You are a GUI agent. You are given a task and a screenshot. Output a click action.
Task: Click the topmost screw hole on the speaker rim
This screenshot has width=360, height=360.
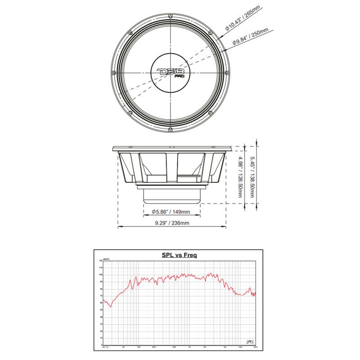point(171,16)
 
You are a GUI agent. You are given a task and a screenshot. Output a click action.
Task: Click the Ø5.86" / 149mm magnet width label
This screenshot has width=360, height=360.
point(171,211)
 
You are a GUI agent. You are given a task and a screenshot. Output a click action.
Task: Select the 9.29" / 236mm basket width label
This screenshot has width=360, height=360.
point(171,223)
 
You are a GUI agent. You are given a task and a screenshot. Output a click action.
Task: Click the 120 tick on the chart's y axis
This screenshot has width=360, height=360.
point(100,261)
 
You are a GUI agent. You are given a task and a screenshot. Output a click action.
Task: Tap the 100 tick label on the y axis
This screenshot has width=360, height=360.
point(100,274)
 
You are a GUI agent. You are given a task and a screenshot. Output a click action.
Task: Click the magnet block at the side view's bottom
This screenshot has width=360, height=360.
point(171,195)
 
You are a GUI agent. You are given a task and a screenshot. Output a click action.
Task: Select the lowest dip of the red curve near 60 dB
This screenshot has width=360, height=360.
point(111,306)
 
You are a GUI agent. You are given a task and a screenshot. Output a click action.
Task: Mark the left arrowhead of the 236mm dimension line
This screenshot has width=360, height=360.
point(119,227)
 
